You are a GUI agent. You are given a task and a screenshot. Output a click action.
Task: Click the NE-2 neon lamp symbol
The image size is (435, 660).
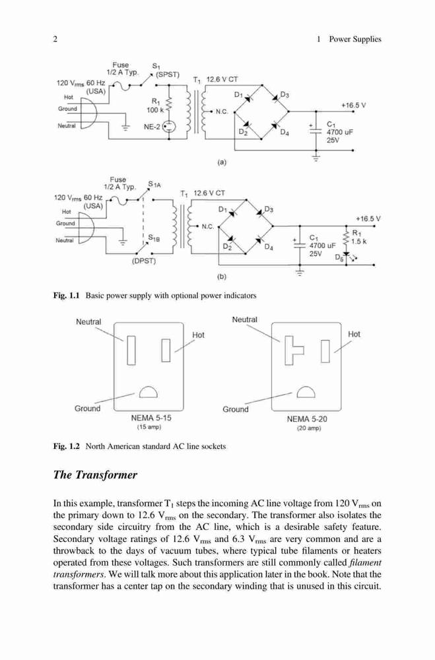(x=169, y=126)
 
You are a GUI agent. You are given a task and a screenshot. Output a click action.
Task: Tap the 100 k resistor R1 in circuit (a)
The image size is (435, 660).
(x=169, y=104)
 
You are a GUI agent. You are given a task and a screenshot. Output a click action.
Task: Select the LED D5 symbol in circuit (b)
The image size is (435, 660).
(x=346, y=255)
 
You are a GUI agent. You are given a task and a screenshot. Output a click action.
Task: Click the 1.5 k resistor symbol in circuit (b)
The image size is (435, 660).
(x=346, y=238)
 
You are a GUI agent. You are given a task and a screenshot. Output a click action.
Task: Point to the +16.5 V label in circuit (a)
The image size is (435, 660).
(x=353, y=105)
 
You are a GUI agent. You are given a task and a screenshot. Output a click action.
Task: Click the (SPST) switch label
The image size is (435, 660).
(x=168, y=75)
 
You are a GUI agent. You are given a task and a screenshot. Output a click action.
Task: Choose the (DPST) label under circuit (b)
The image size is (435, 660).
(x=144, y=261)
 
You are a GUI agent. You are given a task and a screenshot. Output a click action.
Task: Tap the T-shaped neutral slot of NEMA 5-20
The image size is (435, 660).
(x=294, y=350)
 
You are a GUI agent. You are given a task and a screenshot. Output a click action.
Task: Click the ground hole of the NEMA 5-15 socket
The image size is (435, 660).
(x=149, y=392)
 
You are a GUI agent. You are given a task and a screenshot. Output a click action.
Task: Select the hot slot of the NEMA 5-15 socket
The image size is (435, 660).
(x=166, y=350)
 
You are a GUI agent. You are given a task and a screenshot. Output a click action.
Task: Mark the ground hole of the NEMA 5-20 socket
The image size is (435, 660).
(x=306, y=392)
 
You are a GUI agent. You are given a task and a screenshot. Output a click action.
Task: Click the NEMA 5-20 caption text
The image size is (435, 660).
(x=306, y=419)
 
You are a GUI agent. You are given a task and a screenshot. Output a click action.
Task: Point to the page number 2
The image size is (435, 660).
(x=55, y=39)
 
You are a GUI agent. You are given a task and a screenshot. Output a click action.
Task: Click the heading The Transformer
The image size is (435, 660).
(x=95, y=475)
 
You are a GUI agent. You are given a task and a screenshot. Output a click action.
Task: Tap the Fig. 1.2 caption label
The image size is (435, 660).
(x=66, y=446)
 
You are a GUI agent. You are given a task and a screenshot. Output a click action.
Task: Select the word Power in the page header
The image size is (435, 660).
(x=340, y=39)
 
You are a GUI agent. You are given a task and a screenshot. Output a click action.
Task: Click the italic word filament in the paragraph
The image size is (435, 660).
(x=365, y=563)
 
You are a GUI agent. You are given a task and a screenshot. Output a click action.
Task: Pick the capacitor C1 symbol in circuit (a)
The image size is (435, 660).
(x=316, y=129)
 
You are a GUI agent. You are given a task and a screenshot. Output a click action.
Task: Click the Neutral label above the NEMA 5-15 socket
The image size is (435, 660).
(x=88, y=322)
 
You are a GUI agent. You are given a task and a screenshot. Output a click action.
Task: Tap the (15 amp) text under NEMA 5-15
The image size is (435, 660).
(x=149, y=427)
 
